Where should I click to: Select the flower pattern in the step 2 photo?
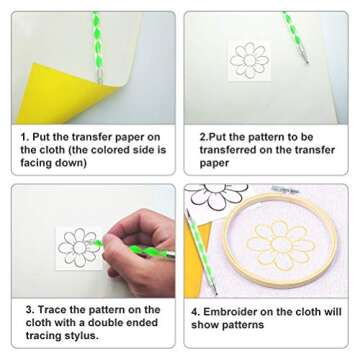(248, 60)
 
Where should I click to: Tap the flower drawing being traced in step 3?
(76, 246)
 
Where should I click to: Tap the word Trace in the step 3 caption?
(51, 311)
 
